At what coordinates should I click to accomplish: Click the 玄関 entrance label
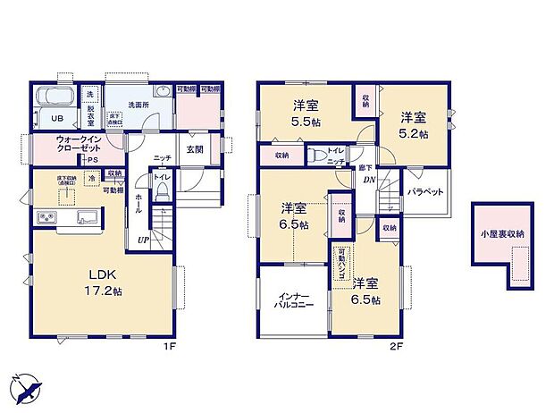click(197, 150)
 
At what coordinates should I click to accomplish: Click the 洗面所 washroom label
click(138, 105)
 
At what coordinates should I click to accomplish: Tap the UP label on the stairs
click(143, 240)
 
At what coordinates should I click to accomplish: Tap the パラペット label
click(426, 191)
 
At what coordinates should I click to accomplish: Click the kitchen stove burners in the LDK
click(46, 219)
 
